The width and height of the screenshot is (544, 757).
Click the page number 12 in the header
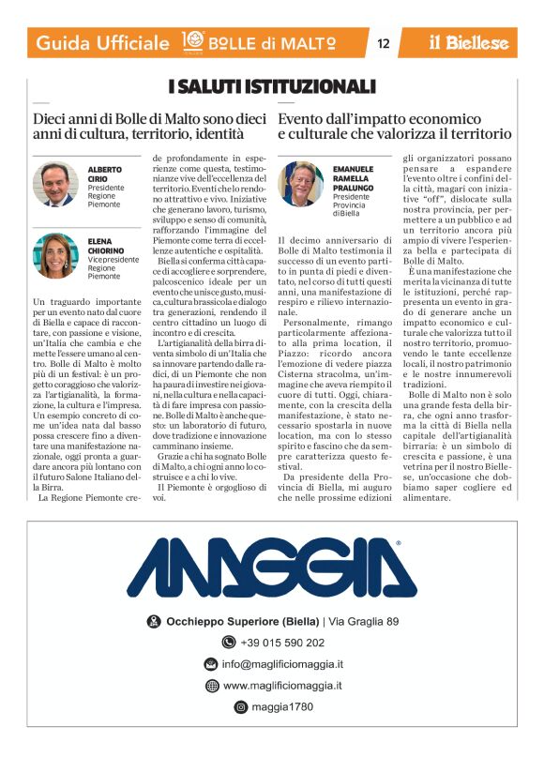(x=383, y=43)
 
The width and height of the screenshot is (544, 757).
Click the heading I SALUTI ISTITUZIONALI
(x=271, y=86)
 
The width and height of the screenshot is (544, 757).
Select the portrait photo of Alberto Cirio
(x=55, y=185)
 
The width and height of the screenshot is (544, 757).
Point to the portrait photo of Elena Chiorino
(x=55, y=256)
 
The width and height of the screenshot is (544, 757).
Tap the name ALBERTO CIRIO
(x=105, y=174)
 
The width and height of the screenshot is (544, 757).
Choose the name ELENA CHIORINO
(x=107, y=246)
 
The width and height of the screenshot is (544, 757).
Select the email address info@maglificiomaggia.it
(x=281, y=664)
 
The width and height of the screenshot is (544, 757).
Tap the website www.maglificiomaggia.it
(x=282, y=686)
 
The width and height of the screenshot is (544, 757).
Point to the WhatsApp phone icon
(x=228, y=643)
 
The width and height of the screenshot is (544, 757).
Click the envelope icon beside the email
(x=211, y=664)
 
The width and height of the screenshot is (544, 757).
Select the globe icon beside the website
(x=212, y=686)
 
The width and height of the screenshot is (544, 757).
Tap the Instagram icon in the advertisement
(x=240, y=707)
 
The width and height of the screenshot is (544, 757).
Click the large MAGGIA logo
(x=272, y=568)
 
